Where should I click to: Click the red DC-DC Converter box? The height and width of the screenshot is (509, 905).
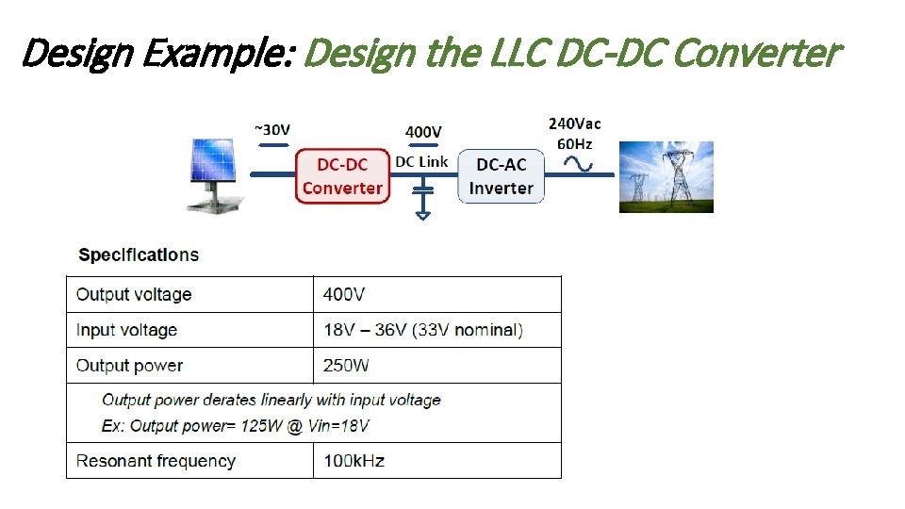(342, 176)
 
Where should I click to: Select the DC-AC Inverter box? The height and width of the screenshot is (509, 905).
(501, 176)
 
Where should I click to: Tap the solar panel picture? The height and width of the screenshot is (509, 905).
(216, 176)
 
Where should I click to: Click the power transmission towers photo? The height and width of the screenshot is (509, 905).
(666, 177)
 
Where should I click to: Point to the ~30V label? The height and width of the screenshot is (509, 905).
(272, 128)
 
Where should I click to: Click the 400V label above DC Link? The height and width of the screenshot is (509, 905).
(423, 132)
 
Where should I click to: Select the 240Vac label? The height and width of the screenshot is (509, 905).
(574, 123)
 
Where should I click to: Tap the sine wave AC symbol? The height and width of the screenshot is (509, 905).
(577, 163)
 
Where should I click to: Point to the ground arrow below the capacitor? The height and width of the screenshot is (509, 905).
(423, 214)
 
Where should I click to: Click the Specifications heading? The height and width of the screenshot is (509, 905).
(139, 254)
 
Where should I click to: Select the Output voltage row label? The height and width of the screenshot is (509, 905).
(134, 294)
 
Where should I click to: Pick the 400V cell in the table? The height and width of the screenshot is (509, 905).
(344, 294)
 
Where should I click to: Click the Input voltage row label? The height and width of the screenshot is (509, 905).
(126, 330)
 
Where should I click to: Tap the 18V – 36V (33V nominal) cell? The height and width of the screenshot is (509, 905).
(422, 330)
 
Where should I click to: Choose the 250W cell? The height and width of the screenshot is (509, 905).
(346, 366)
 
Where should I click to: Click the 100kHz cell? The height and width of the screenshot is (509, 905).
(354, 461)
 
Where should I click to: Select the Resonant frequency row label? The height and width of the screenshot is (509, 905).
(156, 461)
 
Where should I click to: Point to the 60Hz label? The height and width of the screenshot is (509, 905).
(574, 143)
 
